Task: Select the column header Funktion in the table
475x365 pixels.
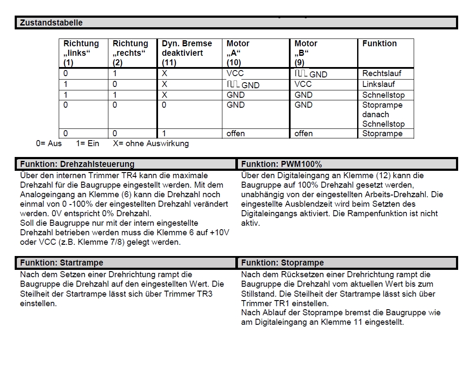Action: (379, 44)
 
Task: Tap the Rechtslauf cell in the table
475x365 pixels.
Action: (379, 74)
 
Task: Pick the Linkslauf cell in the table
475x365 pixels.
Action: (378, 84)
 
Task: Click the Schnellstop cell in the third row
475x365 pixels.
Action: (383, 95)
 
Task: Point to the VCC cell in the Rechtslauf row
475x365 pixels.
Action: (235, 74)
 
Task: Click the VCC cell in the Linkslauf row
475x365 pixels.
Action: (303, 84)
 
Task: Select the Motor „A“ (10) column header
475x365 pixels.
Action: (238, 53)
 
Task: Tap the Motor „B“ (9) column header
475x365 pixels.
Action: (306, 53)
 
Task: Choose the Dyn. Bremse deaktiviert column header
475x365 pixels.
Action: (187, 53)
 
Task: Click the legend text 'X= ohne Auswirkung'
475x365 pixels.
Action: (151, 144)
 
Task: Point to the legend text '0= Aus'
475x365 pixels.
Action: (49, 144)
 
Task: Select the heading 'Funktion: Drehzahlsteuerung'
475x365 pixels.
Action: (77, 164)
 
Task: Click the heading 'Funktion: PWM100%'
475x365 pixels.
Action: (282, 164)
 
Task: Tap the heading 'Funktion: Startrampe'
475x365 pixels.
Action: (62, 263)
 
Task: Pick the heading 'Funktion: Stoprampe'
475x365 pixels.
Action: (282, 263)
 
